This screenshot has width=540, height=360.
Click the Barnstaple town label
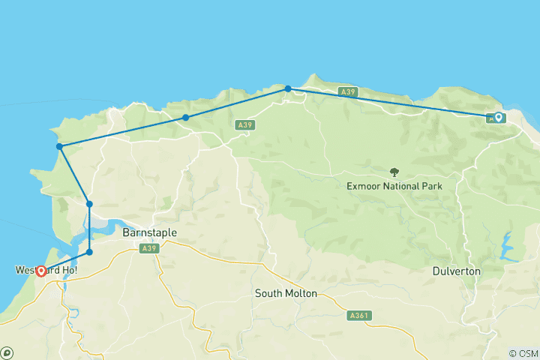pos(149,233)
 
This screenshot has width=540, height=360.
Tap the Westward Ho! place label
pos(46,269)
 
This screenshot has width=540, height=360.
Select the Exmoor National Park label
pos(394,186)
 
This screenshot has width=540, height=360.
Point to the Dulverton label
pos(457,271)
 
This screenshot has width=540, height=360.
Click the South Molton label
pos(286,292)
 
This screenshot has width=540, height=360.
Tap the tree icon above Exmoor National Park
pos(394,172)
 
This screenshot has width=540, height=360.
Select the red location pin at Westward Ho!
pos(40,271)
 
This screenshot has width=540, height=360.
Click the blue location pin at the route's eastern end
pos(498,117)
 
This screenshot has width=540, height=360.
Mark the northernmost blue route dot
pos(288,88)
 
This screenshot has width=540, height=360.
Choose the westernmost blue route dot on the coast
pos(59,146)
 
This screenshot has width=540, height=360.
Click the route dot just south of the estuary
pos(89,252)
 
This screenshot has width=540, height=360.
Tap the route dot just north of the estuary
pos(89,204)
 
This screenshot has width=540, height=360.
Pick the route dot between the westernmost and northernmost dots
pos(185,118)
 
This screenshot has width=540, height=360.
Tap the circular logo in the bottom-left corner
pos(7,352)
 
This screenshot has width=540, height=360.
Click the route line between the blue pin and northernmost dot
pos(390,102)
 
